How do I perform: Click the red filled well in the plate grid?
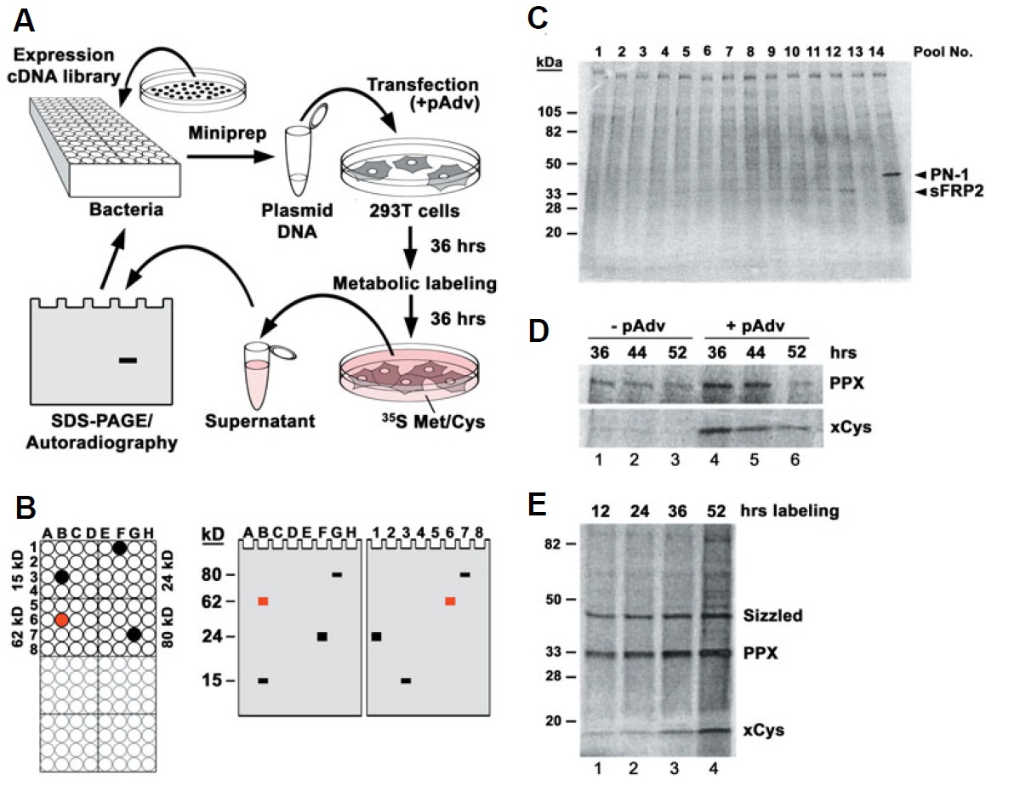[x=61, y=620]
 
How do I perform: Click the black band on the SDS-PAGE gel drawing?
[x=128, y=361]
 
